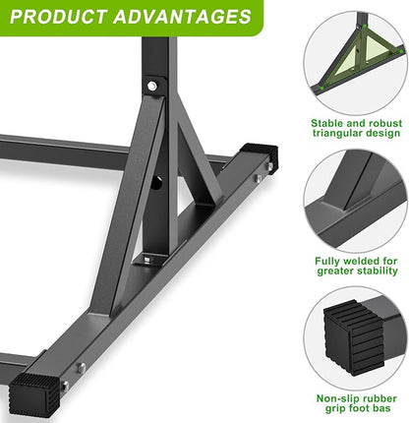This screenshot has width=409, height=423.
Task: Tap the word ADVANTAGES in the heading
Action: coord(184,17)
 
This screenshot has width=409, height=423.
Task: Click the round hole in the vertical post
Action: coord(157,184)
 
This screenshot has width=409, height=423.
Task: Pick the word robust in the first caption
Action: coord(380,123)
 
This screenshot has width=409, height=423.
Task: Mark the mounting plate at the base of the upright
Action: coord(147,259)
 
